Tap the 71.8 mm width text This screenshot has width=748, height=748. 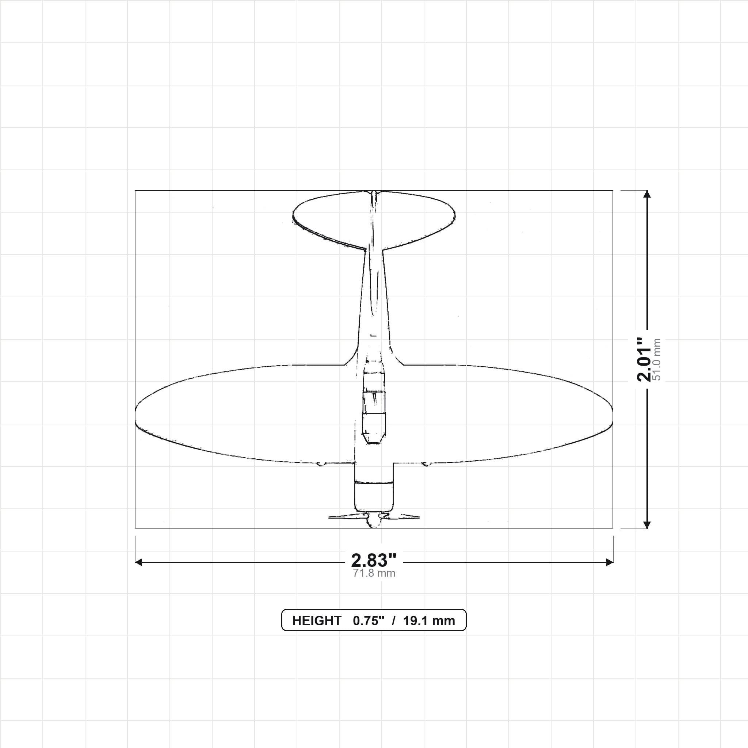374,573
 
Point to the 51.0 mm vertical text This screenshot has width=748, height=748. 657,360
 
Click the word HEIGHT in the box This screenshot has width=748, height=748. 317,621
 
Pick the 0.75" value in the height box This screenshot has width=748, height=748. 369,621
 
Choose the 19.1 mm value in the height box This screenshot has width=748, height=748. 429,621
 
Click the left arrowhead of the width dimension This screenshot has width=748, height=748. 138,562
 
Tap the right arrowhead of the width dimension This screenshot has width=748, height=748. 610,562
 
